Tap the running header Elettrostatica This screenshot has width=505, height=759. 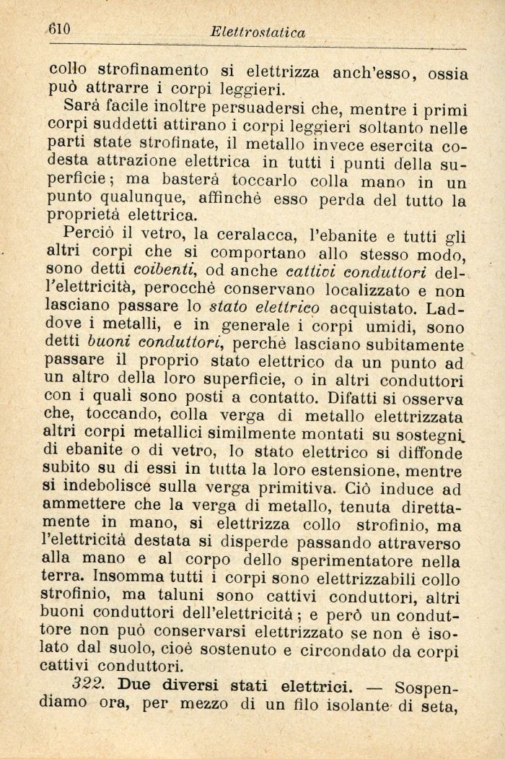(258, 32)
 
